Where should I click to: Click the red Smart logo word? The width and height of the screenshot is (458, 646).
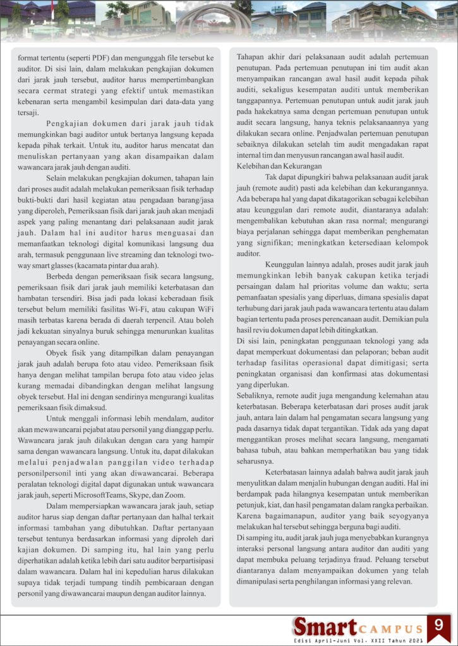click(324, 626)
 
